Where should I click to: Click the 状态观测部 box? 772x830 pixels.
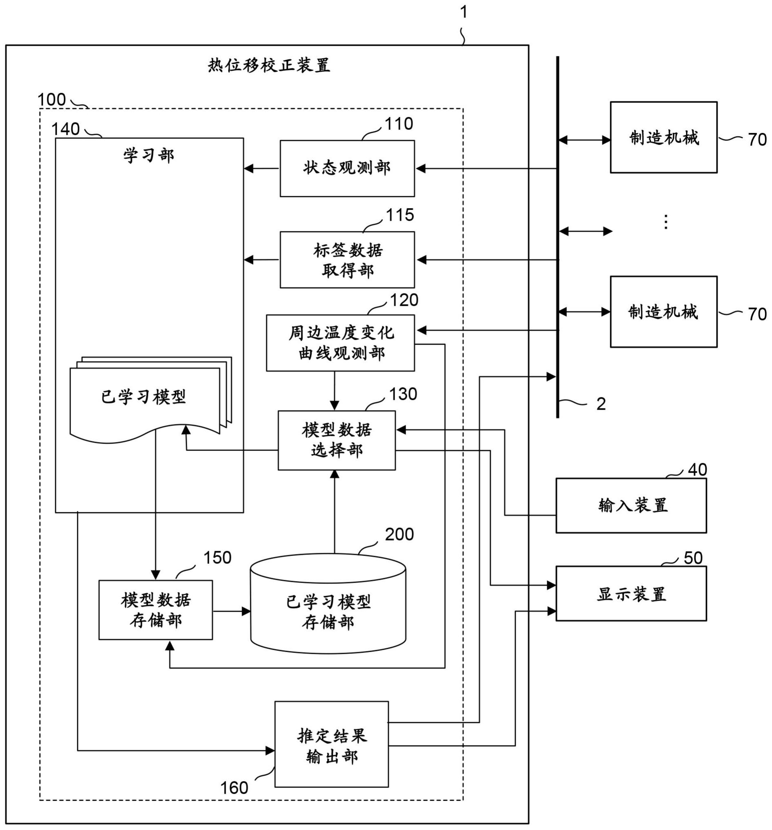pos(347,168)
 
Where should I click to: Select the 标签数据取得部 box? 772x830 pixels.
pos(347,260)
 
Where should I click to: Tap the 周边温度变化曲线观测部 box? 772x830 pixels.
pos(340,343)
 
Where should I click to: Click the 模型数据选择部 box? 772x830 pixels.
pos(337,440)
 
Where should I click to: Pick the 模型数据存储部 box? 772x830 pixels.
pos(155,610)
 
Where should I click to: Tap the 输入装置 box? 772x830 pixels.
pos(631,506)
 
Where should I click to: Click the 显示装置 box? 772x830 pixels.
pos(631,594)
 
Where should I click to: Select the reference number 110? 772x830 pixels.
pos(399,124)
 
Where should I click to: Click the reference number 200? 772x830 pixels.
pos(399,534)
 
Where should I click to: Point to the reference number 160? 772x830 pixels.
pos(234,788)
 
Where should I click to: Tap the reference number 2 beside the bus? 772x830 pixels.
pos(601,404)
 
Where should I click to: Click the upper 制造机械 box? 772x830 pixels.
pos(664,137)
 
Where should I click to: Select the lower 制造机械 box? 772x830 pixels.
pos(664,312)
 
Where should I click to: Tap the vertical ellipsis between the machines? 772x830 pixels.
pos(666,222)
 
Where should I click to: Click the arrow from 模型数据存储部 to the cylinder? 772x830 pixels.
pos(231,612)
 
